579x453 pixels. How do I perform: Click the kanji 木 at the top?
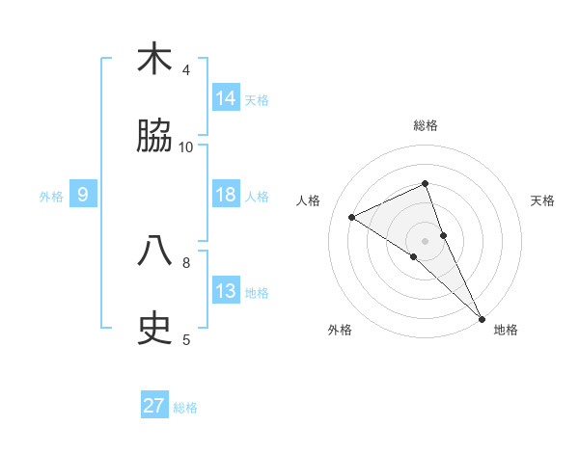point(154,60)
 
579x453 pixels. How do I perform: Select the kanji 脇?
point(154,137)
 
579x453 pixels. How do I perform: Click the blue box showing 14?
point(226,97)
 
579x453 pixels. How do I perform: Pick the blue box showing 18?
point(226,194)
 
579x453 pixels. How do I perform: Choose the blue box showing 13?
point(226,290)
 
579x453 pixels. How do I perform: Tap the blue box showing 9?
point(83,195)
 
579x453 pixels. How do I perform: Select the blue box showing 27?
point(154,406)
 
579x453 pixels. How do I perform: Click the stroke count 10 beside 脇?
point(186,147)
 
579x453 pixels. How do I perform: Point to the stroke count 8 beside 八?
point(186,261)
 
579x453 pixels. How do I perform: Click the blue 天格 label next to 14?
point(257,99)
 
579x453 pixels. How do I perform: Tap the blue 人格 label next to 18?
point(257,196)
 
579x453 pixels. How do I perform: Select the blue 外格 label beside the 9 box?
point(51,196)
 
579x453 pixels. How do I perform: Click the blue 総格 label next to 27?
point(185,408)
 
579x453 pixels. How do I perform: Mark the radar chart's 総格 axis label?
point(425,126)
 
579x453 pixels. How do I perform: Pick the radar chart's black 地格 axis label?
point(506,331)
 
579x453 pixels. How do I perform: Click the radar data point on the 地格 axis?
point(482,317)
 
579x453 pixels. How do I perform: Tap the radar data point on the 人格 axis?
point(352,217)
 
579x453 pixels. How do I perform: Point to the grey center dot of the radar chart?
point(425,240)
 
